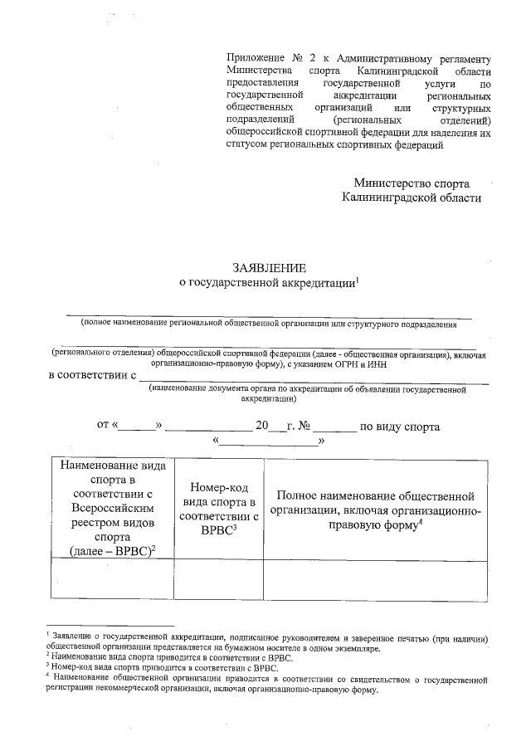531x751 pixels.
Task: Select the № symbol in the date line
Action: pos(303,427)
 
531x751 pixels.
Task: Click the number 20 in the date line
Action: pos(262,427)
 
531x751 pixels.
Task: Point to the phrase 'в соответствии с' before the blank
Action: pos(92,375)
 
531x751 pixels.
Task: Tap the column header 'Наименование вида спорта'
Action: pos(112,510)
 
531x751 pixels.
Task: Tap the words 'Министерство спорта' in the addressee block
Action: pos(412,183)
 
